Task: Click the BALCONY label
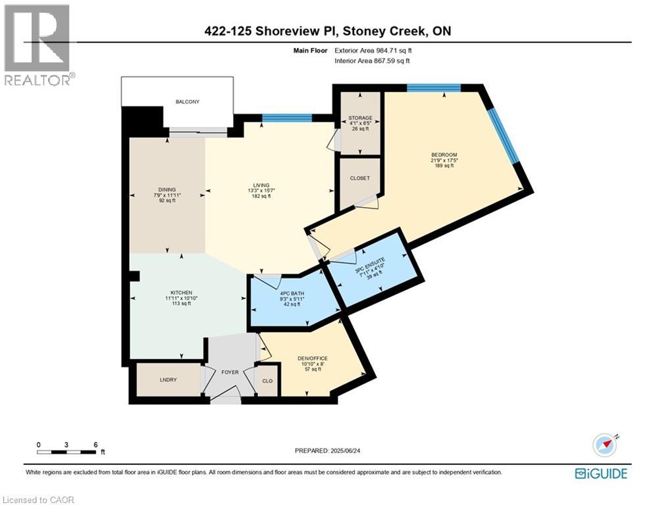click(x=187, y=102)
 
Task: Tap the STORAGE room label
click(x=360, y=118)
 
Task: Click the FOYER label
click(x=230, y=372)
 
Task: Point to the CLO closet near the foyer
click(x=267, y=379)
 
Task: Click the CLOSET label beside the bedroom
click(x=359, y=178)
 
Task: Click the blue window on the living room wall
click(x=286, y=118)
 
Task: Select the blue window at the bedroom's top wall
click(x=433, y=88)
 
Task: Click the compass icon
click(x=606, y=445)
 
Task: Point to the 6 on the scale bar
click(x=95, y=445)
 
